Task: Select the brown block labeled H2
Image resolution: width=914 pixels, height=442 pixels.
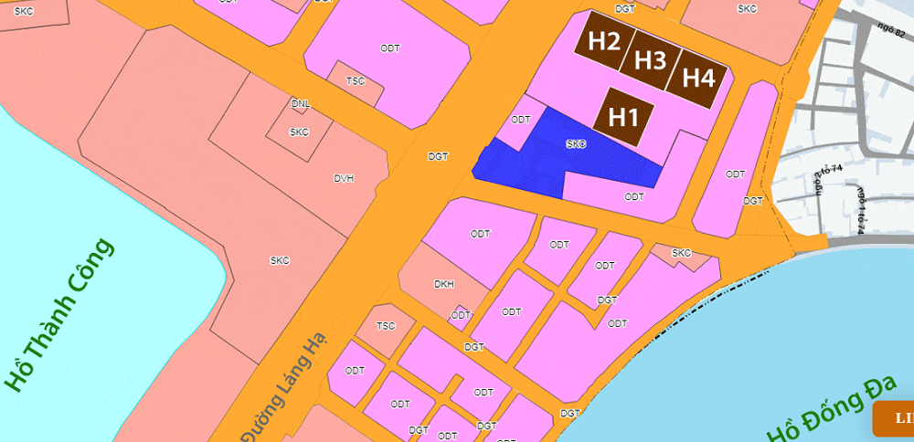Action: pos(604,41)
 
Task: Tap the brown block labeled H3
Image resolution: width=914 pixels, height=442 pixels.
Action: pos(650,60)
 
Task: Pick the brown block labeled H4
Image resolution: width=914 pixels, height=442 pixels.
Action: pos(697,78)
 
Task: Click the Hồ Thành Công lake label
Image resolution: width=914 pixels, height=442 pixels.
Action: pos(58,315)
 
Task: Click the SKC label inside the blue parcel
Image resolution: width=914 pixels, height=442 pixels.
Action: pos(575,144)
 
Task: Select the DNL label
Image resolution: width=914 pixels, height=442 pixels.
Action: pos(300,104)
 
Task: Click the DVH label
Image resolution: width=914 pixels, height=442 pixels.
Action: pos(343,179)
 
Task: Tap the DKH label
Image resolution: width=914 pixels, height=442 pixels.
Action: pos(444,284)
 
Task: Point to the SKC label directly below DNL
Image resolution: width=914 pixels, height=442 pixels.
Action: pos(299,132)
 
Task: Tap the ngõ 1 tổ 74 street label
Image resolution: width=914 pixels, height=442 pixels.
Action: pos(860,210)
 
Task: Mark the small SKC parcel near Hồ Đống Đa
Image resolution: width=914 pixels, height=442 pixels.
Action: pos(681,253)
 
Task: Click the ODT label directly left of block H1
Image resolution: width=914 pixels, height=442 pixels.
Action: pos(521,120)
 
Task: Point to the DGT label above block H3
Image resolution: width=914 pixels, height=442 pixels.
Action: pos(625,8)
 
